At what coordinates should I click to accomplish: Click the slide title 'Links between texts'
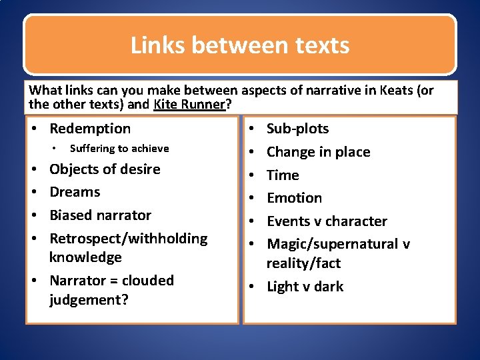[240, 45]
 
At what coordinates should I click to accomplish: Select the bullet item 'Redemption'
[90, 128]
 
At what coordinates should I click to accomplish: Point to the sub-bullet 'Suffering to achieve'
[119, 149]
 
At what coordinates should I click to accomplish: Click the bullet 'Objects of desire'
[105, 169]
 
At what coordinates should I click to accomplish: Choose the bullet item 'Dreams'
[75, 192]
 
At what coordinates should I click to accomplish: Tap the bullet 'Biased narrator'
[100, 215]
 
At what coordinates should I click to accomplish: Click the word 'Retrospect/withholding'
[128, 238]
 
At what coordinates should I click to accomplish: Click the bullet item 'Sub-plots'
[297, 128]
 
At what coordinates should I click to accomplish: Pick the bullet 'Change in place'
[318, 151]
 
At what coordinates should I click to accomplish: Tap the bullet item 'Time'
[283, 175]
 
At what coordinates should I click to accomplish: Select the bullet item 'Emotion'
[294, 198]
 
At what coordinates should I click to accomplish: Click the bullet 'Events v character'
[327, 221]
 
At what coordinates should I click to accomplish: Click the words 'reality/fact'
[303, 263]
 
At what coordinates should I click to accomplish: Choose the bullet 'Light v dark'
[305, 286]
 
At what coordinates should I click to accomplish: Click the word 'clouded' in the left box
[147, 280]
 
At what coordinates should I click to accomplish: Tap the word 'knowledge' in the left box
[85, 257]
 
